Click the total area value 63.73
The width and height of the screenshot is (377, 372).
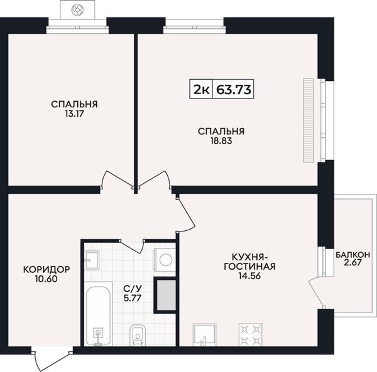[234, 89]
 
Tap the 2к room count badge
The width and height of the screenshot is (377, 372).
[201, 89]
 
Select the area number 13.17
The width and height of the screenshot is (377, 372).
[74, 114]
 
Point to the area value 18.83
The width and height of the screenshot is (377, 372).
[221, 141]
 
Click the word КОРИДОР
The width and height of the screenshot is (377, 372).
[46, 270]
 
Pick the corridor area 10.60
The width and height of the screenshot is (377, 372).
[46, 279]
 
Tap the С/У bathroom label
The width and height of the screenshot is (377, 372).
[133, 288]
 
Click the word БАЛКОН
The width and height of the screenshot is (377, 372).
[352, 255]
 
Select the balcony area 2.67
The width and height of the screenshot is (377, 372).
[352, 263]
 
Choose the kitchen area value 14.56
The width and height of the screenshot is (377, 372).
[249, 276]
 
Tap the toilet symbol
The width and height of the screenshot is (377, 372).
[138, 335]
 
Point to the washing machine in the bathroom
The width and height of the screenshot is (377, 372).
[165, 260]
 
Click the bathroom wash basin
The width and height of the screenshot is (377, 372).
[92, 260]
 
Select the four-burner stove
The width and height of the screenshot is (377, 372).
[250, 335]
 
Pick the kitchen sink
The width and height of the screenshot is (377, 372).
[205, 335]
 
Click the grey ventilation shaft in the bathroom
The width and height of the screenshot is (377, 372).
[166, 295]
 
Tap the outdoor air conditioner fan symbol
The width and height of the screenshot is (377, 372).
[77, 9]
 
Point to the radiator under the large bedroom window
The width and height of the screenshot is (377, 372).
[309, 120]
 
